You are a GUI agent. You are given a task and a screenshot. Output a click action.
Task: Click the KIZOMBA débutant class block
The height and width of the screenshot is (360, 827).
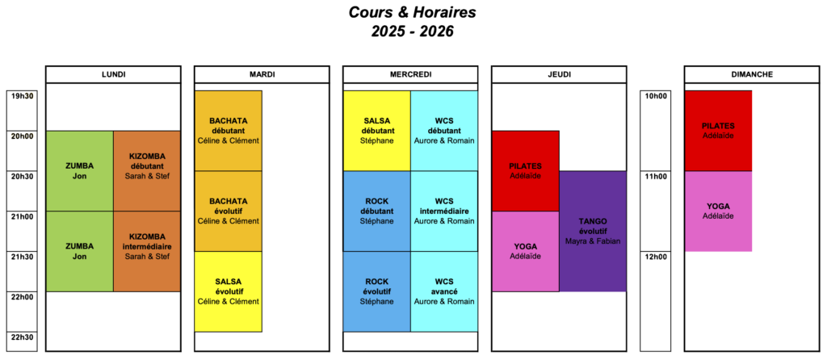(146, 171)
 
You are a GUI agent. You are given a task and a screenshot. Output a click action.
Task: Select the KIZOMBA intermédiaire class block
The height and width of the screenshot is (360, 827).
(146, 251)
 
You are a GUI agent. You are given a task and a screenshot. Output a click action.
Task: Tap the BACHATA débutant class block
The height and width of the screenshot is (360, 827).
(229, 131)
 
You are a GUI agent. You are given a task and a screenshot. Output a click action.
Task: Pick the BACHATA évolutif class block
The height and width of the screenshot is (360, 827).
(229, 211)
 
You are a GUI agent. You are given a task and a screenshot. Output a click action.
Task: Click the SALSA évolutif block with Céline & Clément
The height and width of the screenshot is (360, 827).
(229, 291)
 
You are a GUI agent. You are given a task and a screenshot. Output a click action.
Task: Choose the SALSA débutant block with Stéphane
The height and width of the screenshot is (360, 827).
(376, 131)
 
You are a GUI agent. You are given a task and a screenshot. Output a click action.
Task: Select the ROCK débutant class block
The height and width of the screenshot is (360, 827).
(376, 211)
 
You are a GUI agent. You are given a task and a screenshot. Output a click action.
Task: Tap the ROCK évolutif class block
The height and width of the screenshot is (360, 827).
(376, 291)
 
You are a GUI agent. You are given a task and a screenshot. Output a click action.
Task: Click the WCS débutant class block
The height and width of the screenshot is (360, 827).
(444, 131)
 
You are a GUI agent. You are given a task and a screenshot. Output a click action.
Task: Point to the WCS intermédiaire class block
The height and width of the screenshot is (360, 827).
(444, 211)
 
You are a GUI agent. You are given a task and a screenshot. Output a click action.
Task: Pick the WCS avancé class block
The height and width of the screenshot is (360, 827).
(444, 291)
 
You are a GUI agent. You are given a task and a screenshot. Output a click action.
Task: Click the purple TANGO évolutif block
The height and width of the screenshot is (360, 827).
(593, 232)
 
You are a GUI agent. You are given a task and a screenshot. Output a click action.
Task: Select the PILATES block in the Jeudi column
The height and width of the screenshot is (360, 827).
(525, 171)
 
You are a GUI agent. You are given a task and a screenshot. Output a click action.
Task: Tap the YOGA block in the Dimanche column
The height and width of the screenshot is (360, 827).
(718, 211)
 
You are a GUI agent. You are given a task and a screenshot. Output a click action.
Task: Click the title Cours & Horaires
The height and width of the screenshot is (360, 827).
(412, 13)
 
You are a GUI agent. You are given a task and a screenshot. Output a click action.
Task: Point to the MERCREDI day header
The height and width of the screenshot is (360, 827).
(411, 74)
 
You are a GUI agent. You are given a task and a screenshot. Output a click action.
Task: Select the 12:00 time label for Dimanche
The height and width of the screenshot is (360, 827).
(656, 257)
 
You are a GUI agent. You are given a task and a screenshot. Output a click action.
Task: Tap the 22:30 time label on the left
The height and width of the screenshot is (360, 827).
(22, 337)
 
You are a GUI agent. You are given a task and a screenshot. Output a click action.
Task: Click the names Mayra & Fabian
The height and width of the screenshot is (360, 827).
(593, 241)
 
